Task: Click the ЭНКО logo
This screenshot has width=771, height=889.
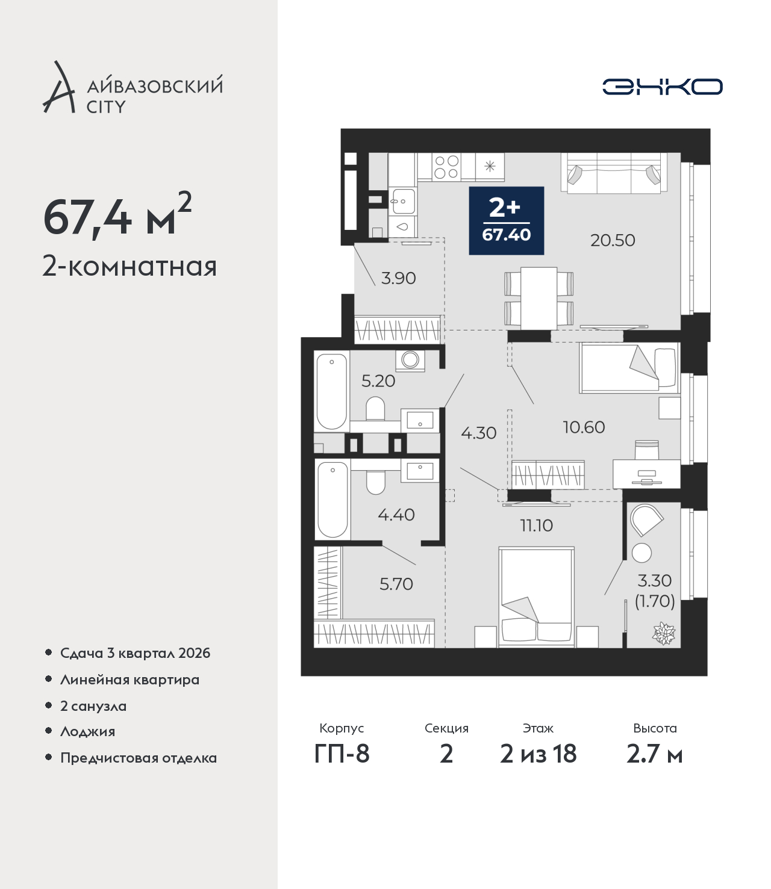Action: (x=662, y=87)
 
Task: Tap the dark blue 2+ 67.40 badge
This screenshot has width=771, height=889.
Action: (x=506, y=221)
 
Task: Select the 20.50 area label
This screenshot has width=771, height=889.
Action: (x=613, y=240)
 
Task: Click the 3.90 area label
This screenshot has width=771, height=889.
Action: (x=399, y=278)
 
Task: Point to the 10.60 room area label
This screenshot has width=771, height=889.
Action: (x=584, y=427)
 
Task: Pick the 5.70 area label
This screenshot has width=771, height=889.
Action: (x=396, y=584)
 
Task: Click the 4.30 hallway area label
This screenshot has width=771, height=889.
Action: (x=479, y=433)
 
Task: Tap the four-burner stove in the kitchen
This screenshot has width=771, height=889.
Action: (x=446, y=167)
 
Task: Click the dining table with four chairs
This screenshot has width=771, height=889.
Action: (x=539, y=298)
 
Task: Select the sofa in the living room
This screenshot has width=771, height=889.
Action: (x=614, y=173)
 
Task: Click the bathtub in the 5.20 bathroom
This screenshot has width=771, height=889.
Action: (x=331, y=391)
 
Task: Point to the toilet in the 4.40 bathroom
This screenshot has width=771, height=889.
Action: (x=375, y=483)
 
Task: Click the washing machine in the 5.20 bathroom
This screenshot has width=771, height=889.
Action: (x=410, y=361)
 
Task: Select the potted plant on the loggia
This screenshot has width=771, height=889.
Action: (x=664, y=634)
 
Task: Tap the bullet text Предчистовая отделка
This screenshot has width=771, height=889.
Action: (x=139, y=757)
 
